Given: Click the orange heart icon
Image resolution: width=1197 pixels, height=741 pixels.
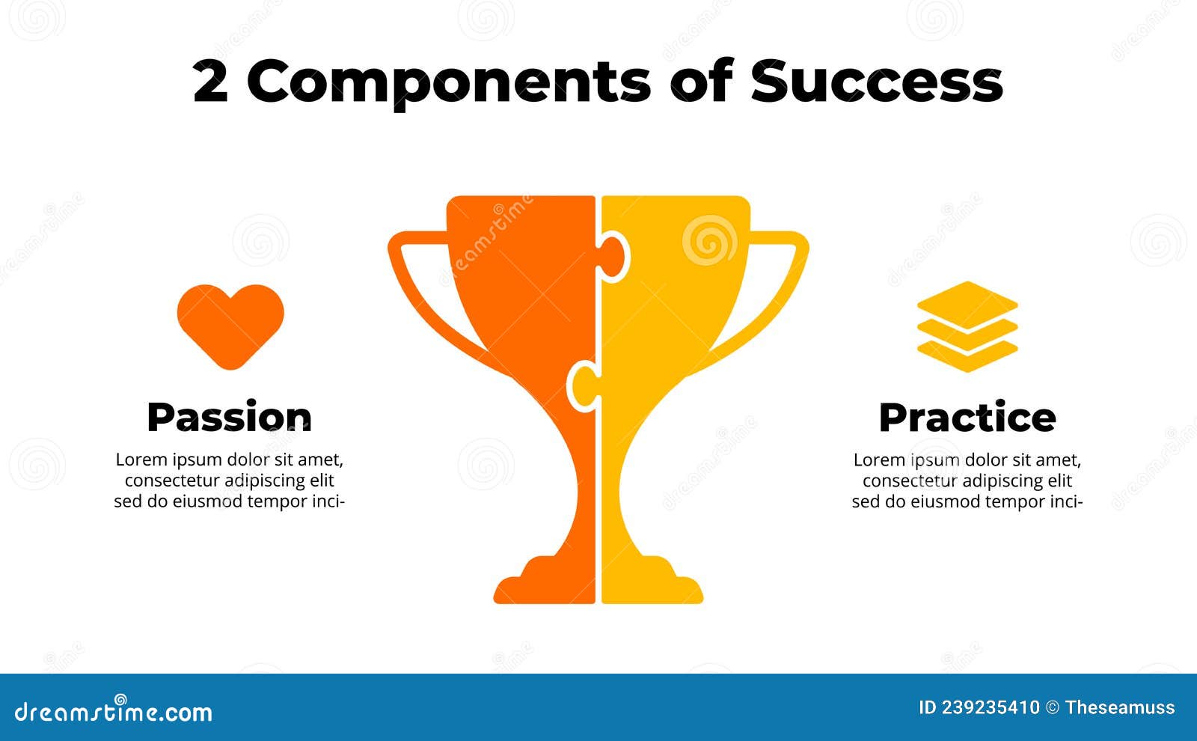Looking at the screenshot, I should tap(230, 323).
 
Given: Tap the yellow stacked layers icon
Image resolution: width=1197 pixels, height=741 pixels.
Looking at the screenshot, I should tap(967, 327).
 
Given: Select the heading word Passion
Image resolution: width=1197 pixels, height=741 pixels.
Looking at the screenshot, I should tap(229, 417).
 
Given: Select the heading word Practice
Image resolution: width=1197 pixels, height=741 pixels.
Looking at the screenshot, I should tap(967, 417).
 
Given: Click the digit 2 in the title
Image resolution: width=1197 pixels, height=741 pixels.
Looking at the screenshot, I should tap(210, 82).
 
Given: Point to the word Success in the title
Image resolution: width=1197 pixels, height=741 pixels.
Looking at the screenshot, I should tap(876, 81).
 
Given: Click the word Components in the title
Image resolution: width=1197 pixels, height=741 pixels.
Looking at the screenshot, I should tap(448, 82).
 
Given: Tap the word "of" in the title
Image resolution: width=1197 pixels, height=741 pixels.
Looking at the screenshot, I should tap(700, 81).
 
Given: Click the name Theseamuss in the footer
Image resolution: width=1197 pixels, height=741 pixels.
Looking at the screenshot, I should tap(1120, 707).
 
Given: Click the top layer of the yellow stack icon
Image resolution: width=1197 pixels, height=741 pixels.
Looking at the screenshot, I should tap(967, 303).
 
